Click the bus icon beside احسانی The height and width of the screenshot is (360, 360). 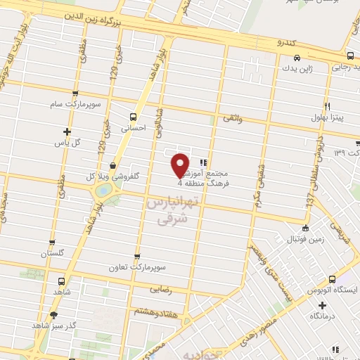coord(133,117)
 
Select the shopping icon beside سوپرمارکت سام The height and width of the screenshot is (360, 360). coord(77,94)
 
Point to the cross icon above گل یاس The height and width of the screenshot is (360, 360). coord(67,131)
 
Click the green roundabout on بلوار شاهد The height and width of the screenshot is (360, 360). coord(103,191)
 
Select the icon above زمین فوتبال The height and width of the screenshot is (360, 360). coord(304,228)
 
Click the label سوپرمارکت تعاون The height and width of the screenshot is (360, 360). coord(136,268)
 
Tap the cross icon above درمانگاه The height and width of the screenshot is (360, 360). coord(322,304)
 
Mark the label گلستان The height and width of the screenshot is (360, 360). coord(52,252)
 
